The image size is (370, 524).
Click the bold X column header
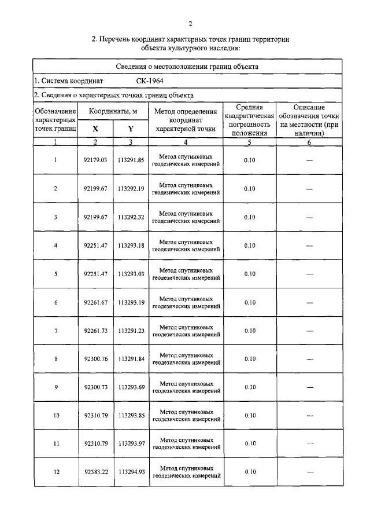(95, 129)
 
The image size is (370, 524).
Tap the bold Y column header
(131, 129)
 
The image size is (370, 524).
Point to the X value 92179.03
(96, 160)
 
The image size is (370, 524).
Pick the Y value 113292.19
(131, 189)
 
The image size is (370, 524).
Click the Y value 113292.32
(131, 217)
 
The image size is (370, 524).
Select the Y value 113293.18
(131, 245)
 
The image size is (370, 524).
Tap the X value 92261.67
(96, 302)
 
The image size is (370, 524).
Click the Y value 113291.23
(131, 331)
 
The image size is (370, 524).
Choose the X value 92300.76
(96, 359)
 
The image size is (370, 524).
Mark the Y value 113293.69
(131, 387)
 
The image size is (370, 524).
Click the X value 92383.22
(96, 472)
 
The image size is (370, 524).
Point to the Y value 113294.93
(131, 472)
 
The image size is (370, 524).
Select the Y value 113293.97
(131, 444)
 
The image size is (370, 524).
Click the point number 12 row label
(55, 472)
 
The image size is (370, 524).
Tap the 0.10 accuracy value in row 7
(250, 331)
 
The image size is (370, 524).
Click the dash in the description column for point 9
(309, 387)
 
